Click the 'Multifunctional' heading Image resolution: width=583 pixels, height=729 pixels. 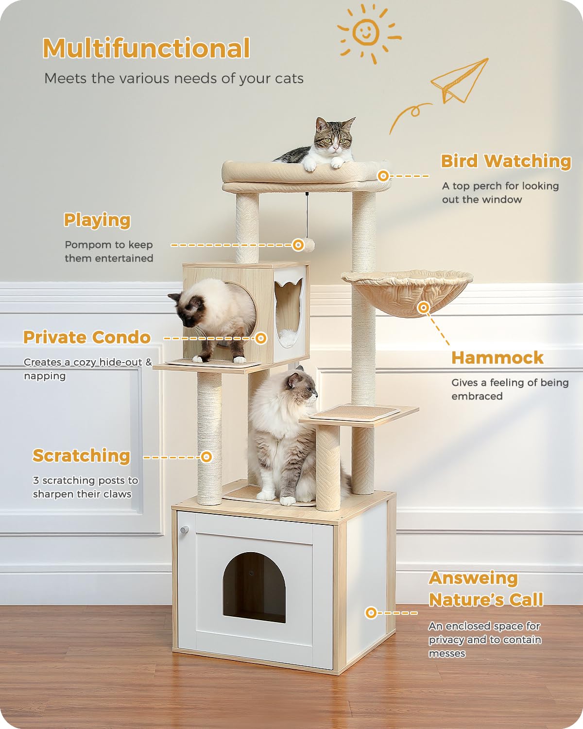[146, 49]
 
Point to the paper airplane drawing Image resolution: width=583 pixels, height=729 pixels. [460, 80]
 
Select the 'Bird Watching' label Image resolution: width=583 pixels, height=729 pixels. [506, 161]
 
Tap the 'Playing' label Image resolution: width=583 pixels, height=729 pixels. [97, 220]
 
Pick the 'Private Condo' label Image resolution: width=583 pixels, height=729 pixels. [87, 337]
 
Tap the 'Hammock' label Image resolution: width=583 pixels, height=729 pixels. [497, 358]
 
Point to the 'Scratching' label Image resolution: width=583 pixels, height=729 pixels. [81, 456]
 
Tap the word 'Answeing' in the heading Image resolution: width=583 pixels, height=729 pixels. [473, 578]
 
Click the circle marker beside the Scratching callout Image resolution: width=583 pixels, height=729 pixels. [206, 457]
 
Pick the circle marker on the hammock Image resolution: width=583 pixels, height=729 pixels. [424, 308]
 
